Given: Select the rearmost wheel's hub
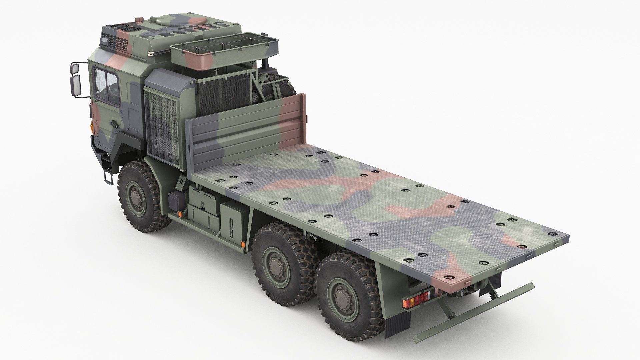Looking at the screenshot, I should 339,296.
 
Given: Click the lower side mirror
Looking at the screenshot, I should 76,85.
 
